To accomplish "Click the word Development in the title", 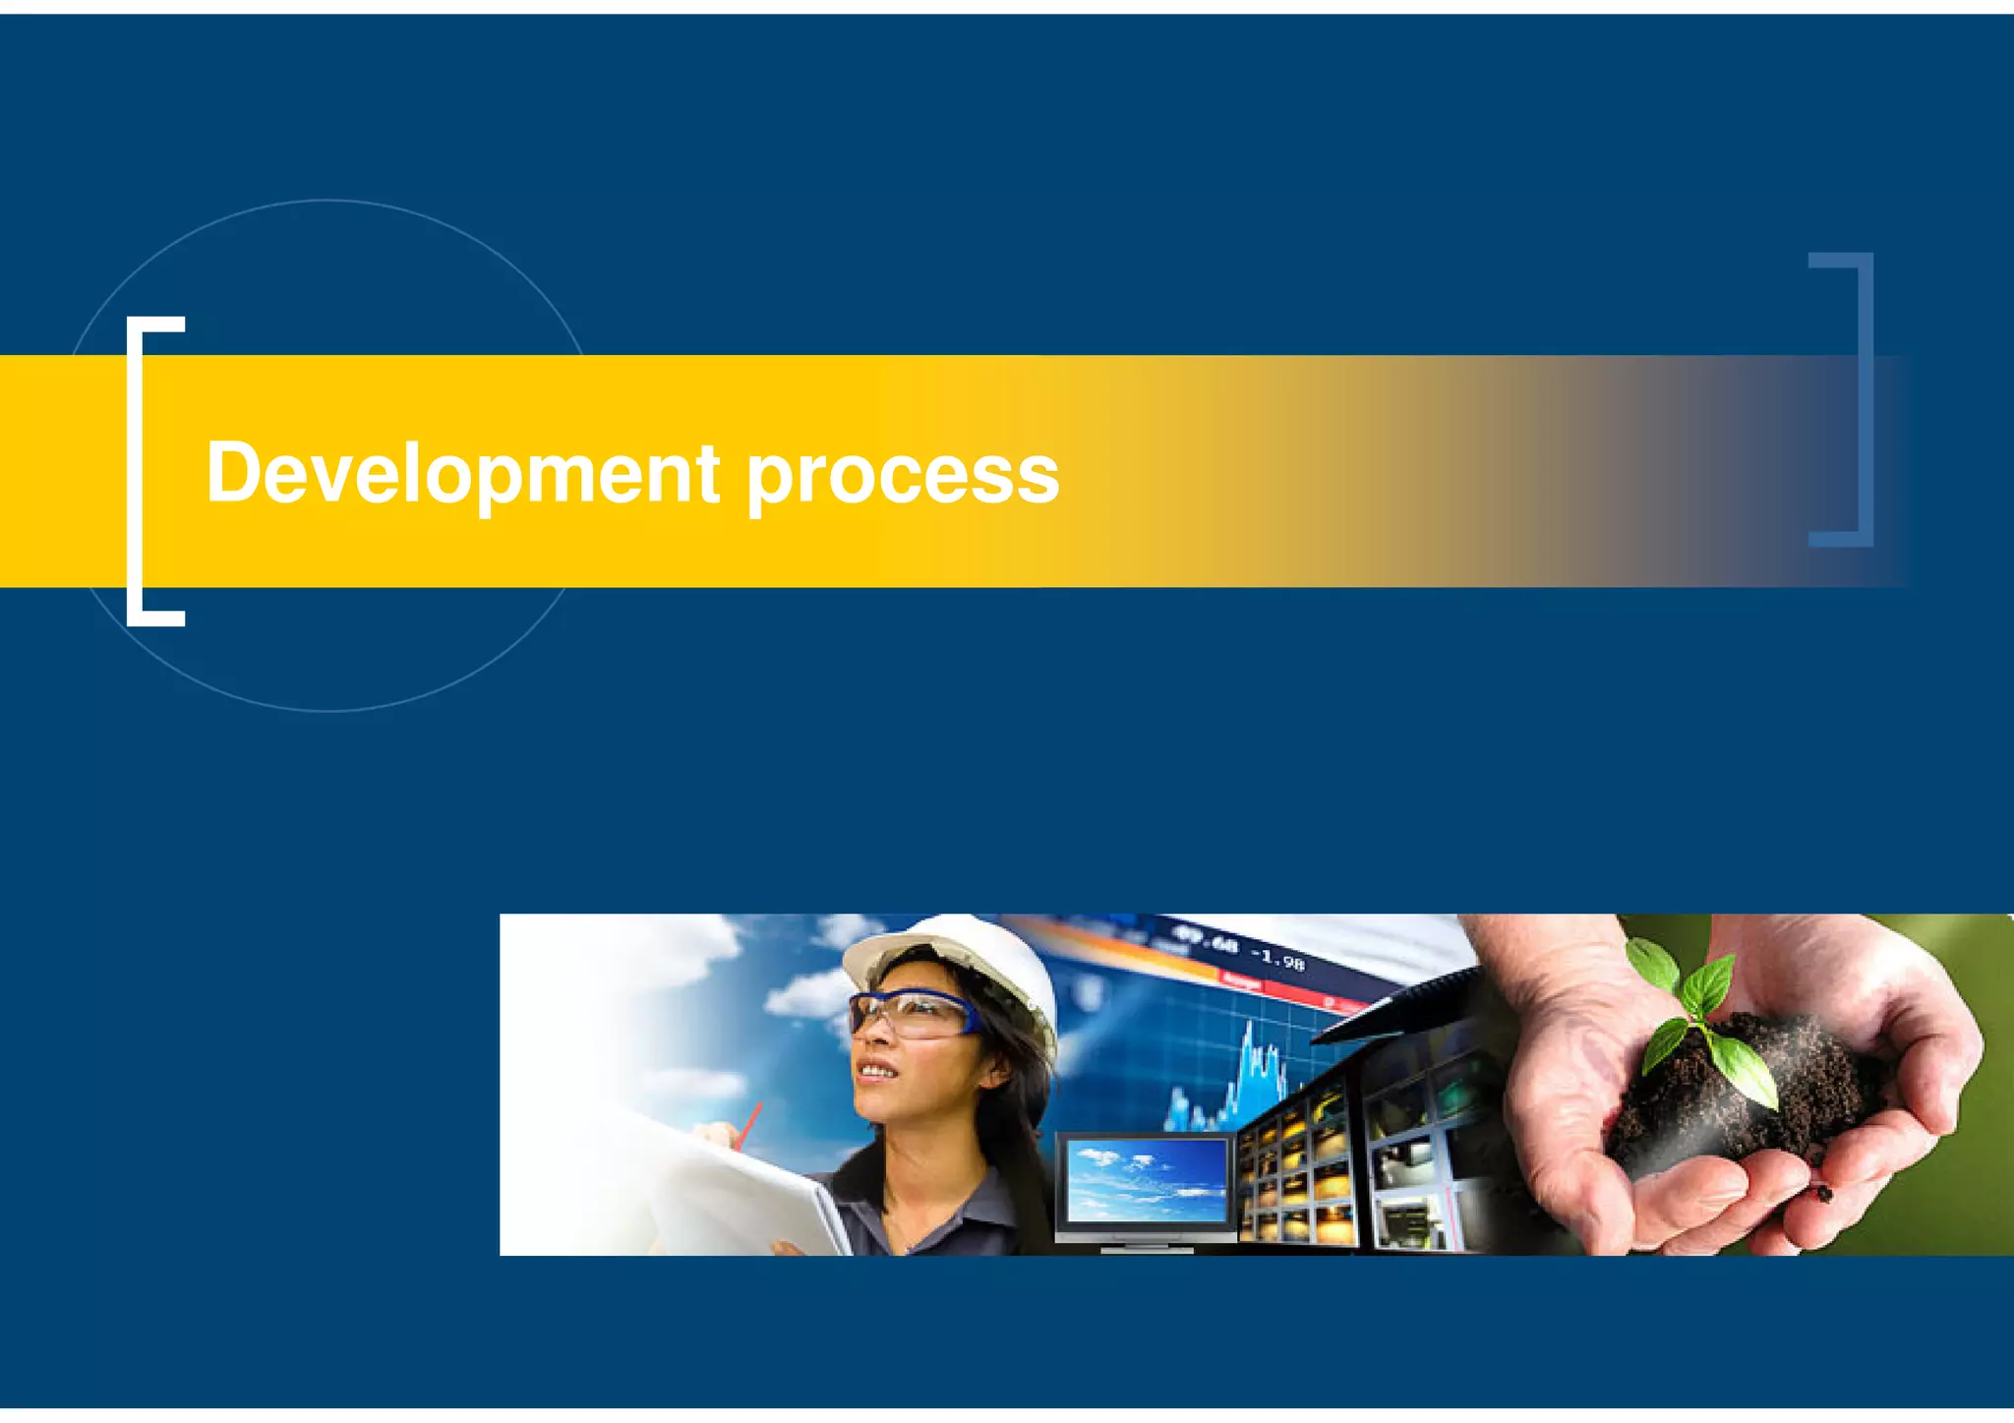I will (x=462, y=474).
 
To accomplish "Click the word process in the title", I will (x=902, y=478).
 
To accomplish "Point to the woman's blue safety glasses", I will (x=910, y=1013).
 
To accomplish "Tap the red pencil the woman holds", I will (x=749, y=1123).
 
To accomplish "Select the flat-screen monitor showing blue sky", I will (x=1147, y=1180).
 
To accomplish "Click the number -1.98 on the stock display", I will (x=1278, y=958).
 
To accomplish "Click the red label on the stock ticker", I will (x=1241, y=980).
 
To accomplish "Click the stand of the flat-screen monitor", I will (x=1147, y=1246).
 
